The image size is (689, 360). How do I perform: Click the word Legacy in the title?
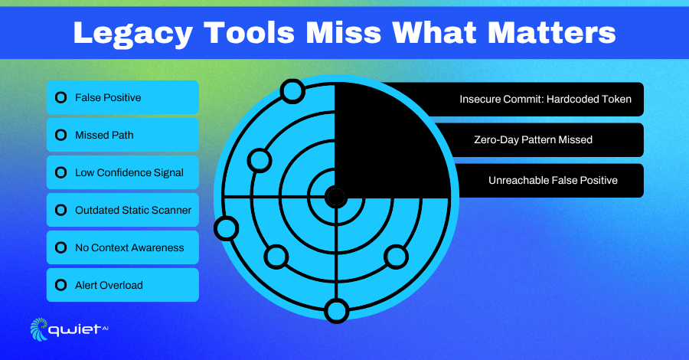[132, 34]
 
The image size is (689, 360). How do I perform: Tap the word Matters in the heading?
[551, 32]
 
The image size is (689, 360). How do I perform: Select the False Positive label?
[108, 97]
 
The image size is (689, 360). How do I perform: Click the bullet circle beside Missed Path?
[61, 135]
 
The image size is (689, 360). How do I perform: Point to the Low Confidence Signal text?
[129, 173]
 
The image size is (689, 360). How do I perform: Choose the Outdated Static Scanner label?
[133, 210]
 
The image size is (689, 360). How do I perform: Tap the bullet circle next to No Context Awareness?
[61, 247]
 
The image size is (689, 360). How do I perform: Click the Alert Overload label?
[109, 285]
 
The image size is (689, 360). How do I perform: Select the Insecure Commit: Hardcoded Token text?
[545, 100]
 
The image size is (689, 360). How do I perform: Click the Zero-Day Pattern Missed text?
[533, 139]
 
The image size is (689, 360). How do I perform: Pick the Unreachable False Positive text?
[553, 180]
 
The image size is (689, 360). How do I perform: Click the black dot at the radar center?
[336, 197]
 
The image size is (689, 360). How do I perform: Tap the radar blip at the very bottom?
[337, 311]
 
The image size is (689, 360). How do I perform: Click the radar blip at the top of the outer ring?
[292, 91]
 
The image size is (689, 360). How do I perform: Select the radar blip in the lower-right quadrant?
[397, 257]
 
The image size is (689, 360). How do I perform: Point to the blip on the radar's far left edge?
[227, 228]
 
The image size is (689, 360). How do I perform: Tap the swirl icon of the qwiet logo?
[39, 329]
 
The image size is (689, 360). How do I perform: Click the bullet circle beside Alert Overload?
[61, 285]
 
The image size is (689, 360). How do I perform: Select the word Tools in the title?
[249, 32]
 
